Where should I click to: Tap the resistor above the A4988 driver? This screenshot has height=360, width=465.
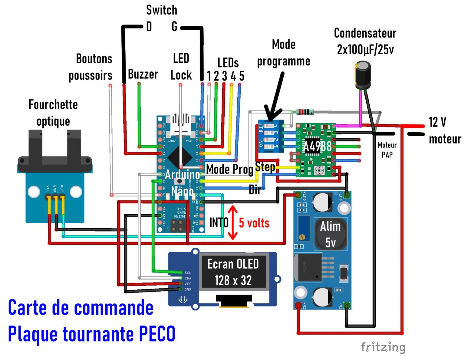click(x=305, y=112)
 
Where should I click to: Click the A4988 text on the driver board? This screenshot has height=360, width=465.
click(x=317, y=147)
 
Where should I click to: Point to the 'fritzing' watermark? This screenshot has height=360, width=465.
click(x=383, y=347)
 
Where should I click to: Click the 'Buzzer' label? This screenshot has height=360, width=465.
click(x=143, y=74)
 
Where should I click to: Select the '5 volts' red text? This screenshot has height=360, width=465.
click(x=254, y=223)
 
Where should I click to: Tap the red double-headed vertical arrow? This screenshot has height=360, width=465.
click(x=232, y=223)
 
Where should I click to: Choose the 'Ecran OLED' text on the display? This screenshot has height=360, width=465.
click(x=233, y=264)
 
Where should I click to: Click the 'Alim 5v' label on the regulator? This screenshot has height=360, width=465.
click(x=330, y=234)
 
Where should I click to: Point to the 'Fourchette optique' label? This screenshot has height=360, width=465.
click(x=53, y=113)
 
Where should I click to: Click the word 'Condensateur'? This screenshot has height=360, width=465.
click(x=365, y=33)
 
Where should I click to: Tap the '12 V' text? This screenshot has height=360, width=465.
click(x=437, y=122)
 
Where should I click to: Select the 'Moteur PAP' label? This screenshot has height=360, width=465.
click(x=387, y=150)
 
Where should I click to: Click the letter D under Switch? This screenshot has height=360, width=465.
click(x=149, y=27)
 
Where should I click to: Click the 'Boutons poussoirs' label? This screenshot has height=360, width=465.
click(x=91, y=67)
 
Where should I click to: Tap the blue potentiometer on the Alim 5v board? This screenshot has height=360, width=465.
click(x=304, y=229)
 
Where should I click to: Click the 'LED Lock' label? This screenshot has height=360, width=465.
click(x=181, y=67)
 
